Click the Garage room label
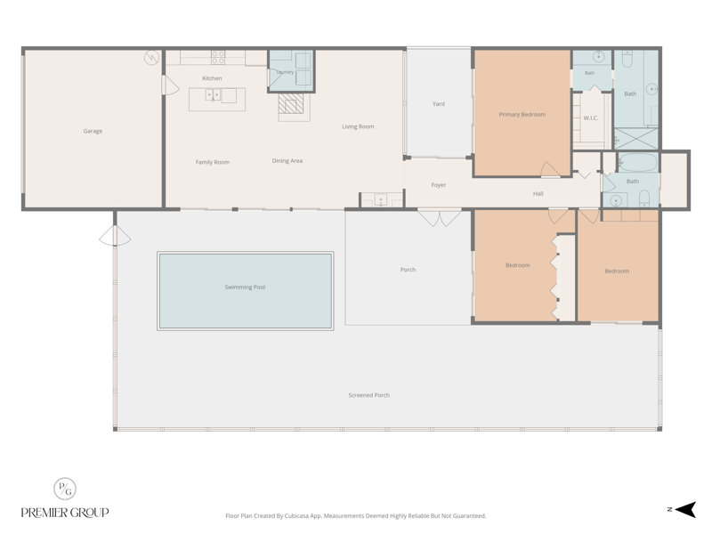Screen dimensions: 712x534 point(93,131)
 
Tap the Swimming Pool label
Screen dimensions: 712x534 point(245,287)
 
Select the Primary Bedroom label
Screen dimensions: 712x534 point(522,115)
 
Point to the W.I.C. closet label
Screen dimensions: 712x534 point(591,118)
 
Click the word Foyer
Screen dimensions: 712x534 point(439,185)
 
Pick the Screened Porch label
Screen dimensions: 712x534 point(369,395)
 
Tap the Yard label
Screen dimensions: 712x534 point(439,104)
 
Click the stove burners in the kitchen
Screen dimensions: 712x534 point(218,57)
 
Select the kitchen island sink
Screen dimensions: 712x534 point(213,95)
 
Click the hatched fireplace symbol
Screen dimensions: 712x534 point(291,103)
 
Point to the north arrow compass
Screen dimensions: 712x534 point(685,509)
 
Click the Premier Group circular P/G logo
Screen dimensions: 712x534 point(65,489)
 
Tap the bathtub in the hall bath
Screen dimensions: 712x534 point(638,163)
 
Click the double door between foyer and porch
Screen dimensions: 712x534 point(440,217)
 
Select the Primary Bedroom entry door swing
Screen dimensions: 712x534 point(550,169)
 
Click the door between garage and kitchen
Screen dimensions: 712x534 point(170,85)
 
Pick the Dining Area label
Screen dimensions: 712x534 point(287,161)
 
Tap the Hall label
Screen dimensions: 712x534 point(538,194)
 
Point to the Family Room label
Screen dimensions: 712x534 point(213,162)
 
